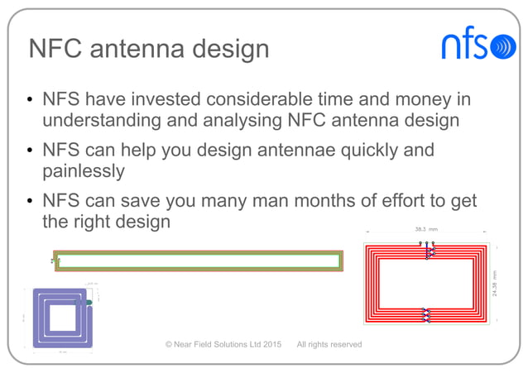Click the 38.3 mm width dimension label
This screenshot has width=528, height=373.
coord(426,228)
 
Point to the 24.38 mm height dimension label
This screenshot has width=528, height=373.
coord(495,285)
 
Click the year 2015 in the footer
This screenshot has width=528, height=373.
coord(267,344)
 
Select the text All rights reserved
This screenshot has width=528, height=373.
coord(329,344)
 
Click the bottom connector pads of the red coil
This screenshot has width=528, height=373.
coord(426,314)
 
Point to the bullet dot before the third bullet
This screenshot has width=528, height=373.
coord(28,202)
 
